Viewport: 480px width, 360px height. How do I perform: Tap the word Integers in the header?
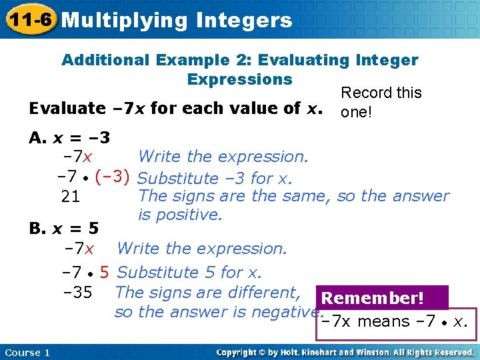(x=245, y=21)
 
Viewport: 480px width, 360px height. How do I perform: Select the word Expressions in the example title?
(x=240, y=79)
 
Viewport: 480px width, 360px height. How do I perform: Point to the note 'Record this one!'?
(x=381, y=102)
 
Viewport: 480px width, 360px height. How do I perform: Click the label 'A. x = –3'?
(x=70, y=138)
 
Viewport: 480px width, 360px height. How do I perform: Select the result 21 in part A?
(x=71, y=197)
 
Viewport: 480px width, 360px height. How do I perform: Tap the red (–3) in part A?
(x=112, y=178)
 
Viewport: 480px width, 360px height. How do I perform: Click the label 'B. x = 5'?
(x=64, y=229)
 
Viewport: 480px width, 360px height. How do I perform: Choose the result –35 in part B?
(x=78, y=293)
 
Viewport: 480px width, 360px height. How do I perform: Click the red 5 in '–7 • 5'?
(x=105, y=273)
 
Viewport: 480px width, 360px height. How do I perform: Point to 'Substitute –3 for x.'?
(x=215, y=179)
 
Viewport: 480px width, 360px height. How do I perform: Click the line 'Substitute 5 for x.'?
(x=189, y=273)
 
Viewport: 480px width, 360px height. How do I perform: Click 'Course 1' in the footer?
(x=27, y=352)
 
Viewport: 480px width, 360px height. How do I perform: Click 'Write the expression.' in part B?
(x=201, y=249)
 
